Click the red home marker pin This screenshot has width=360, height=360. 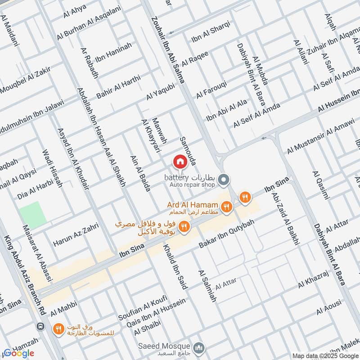tap(180, 162)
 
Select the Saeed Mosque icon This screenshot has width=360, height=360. tap(199, 348)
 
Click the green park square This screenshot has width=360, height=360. tap(33, 215)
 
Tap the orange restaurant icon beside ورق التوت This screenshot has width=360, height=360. tap(58, 329)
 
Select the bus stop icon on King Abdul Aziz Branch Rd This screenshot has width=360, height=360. tap(40, 326)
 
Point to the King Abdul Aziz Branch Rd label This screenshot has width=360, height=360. tap(25, 275)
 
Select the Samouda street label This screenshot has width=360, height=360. tap(188, 151)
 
